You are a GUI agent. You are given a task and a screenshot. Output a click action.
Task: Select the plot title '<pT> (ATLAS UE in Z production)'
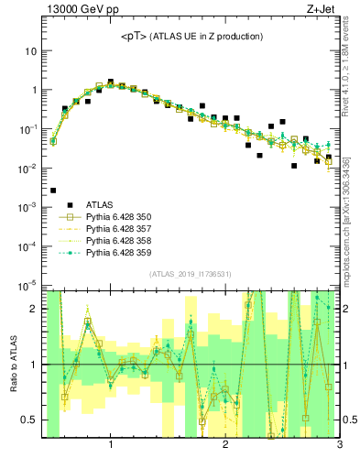point(191,37)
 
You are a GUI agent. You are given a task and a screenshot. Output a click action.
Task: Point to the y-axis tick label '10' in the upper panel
point(30,51)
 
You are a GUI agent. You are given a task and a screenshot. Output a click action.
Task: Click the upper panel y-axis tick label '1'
point(34,90)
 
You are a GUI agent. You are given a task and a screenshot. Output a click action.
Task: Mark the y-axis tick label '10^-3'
point(27,207)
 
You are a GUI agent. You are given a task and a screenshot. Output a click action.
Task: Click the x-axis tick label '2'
point(225,446)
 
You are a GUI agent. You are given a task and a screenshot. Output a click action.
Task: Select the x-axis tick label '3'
point(339,446)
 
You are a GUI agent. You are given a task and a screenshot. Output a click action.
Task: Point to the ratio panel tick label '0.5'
point(28,420)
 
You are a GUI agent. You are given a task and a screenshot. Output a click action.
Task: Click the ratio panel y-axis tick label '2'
point(34,309)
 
